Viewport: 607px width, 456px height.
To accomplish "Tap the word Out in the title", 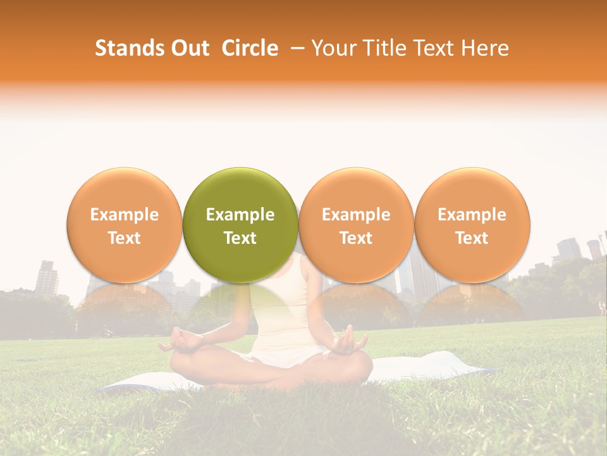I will (x=188, y=48).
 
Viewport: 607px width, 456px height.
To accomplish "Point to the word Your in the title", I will (x=333, y=48).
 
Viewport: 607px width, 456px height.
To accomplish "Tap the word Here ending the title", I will (x=487, y=48).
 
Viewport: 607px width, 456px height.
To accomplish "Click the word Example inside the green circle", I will (x=240, y=215).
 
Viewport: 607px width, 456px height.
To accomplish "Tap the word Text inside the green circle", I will (x=240, y=238).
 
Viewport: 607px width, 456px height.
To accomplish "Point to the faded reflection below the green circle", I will (x=240, y=304).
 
